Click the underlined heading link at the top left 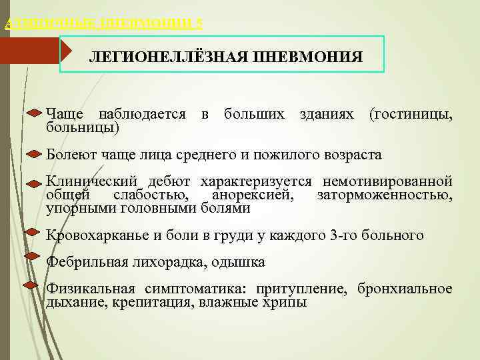click(x=103, y=24)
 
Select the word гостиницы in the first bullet click(x=409, y=115)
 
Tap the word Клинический click(x=91, y=182)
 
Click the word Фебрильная click(x=85, y=262)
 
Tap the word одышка click(x=238, y=262)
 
